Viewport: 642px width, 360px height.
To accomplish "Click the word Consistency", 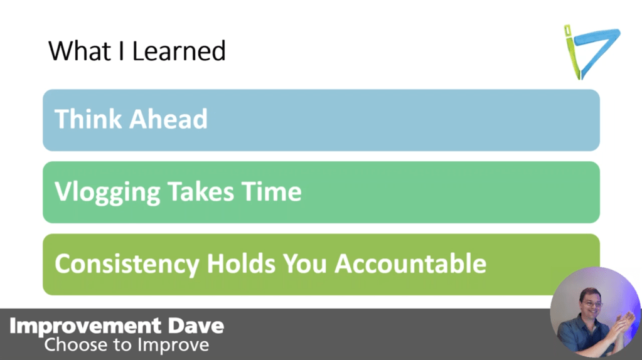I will pyautogui.click(x=126, y=264).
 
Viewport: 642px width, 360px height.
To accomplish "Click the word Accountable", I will pyautogui.click(x=410, y=264).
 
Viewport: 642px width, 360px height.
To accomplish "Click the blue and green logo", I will pyautogui.click(x=590, y=51).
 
